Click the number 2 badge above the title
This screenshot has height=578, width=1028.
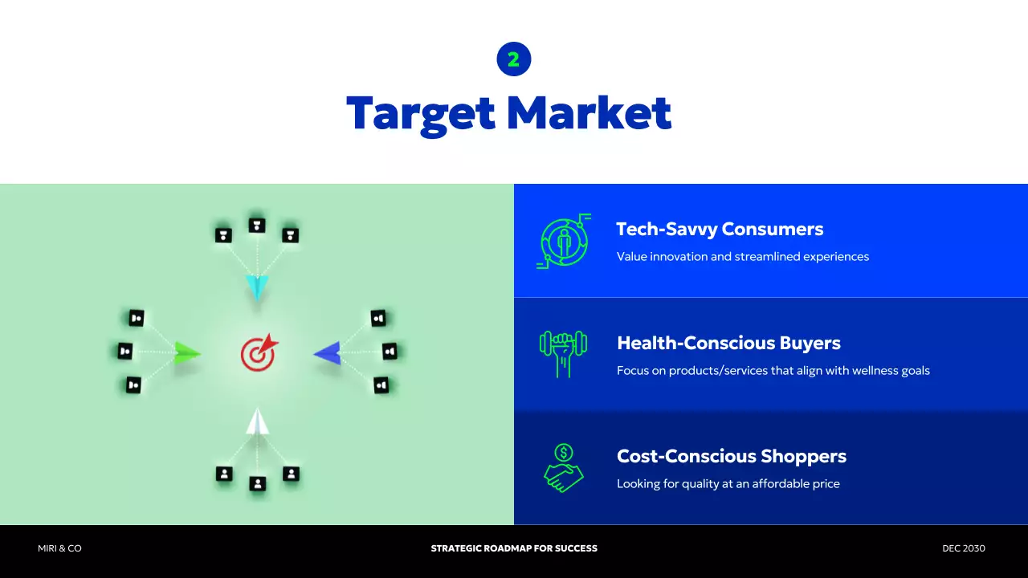tap(514, 59)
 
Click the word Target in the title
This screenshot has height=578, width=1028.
tap(421, 113)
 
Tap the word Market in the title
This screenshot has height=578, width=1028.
tap(589, 113)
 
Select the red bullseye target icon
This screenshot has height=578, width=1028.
tap(259, 353)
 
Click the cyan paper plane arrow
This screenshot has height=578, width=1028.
tap(257, 287)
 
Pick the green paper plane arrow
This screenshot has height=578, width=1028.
tap(187, 352)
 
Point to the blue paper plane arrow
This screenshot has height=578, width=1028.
tap(328, 352)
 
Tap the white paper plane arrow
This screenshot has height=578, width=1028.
tap(257, 421)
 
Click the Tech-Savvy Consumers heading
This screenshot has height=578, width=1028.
tap(720, 230)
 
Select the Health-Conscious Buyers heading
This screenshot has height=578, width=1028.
tap(728, 344)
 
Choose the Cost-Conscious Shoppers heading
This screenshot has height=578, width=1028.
tap(731, 457)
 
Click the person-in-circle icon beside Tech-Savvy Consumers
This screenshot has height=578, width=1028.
tap(564, 241)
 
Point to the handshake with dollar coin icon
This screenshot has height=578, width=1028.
tap(564, 467)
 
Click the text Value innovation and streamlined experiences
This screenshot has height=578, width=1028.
tap(742, 257)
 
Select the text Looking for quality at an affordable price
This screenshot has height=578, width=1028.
tap(728, 484)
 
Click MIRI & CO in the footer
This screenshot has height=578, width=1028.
tap(59, 548)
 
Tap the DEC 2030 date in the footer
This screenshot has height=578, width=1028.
tap(963, 548)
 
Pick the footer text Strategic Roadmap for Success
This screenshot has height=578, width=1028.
tap(514, 548)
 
